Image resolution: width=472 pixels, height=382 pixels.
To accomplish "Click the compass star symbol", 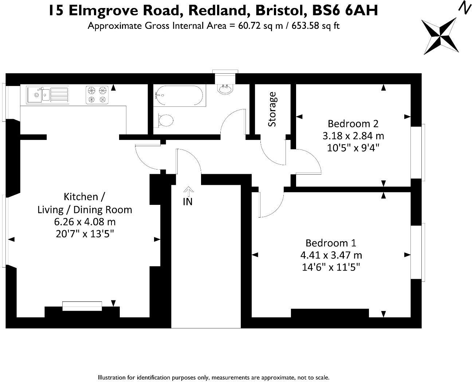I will [x=440, y=36].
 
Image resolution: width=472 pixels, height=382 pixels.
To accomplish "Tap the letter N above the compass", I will [x=464, y=7].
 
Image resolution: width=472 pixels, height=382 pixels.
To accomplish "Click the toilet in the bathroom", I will [x=165, y=120].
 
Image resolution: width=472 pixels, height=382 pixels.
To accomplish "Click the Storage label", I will [x=272, y=109].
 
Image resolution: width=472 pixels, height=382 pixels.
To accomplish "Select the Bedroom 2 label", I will [x=353, y=123].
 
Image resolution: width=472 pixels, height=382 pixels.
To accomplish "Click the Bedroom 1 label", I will [x=331, y=243].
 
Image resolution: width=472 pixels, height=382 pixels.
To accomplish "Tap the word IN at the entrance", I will [x=188, y=202].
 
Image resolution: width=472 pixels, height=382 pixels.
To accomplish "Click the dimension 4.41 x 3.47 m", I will [x=331, y=255].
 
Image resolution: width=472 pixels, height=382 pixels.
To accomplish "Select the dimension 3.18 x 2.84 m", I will [x=353, y=136].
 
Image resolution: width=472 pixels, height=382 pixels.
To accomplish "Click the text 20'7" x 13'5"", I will [x=84, y=234].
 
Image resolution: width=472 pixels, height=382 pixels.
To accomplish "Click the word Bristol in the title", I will [x=281, y=11].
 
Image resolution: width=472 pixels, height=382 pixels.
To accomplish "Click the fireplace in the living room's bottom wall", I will [x=82, y=306].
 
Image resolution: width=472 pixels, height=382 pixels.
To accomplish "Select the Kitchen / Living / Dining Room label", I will [x=84, y=203].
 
